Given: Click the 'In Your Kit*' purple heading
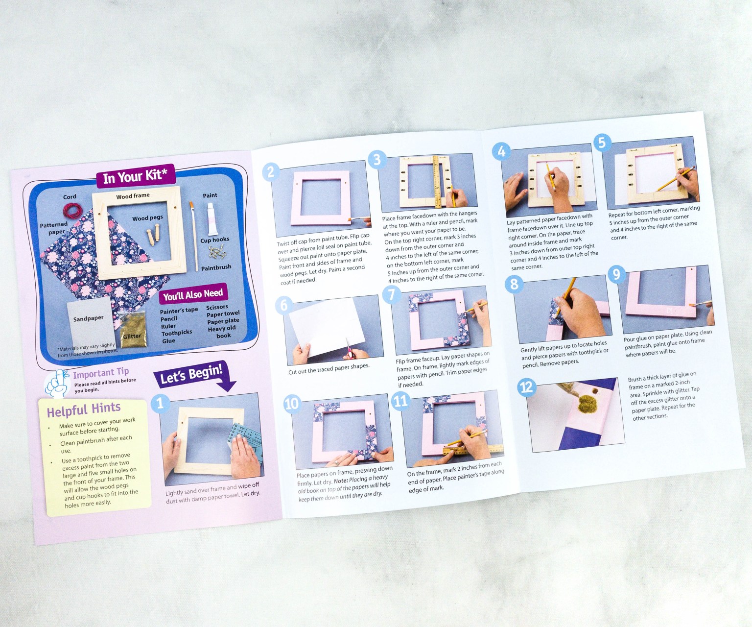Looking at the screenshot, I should (x=135, y=176).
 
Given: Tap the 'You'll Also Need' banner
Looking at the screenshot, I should (x=193, y=294).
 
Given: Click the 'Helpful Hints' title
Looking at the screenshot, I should (x=84, y=410).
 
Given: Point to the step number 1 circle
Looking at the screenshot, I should (x=160, y=404).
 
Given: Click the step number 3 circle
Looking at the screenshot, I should (x=376, y=160).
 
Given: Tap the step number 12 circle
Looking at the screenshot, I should (x=526, y=387).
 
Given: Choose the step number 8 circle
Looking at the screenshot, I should (x=514, y=284).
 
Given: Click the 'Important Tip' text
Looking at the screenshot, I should (x=101, y=373).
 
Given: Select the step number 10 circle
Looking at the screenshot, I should (x=291, y=404).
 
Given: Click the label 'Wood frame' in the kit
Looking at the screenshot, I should (x=133, y=196).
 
